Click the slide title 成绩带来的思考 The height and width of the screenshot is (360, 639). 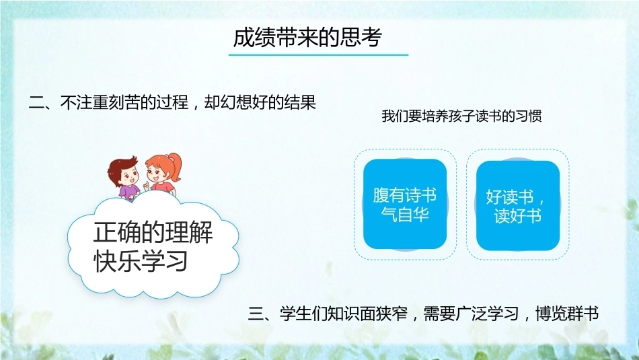pos(307,38)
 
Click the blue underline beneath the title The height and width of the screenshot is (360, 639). pos(318,55)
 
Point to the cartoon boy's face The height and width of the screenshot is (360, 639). pos(128,176)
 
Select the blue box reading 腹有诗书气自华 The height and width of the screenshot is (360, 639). pos(405,204)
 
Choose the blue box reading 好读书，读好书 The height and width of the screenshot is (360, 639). pos(517,205)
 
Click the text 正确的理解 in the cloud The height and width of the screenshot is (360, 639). pos(153,232)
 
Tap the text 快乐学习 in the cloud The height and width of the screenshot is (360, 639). pos(141,260)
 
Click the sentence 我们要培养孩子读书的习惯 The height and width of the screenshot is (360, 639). pos(461,116)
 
